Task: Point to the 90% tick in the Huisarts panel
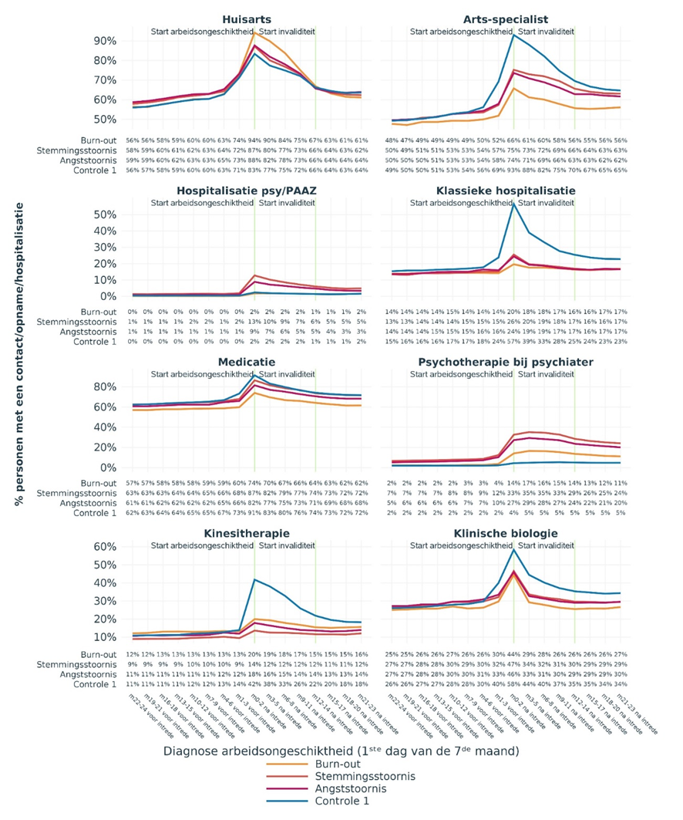[x=106, y=41]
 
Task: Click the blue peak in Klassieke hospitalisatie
[x=513, y=204]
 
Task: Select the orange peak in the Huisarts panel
[x=254, y=32]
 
